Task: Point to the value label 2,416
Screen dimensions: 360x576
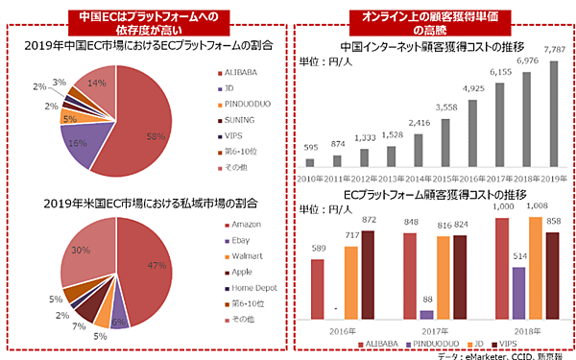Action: [x=420, y=123]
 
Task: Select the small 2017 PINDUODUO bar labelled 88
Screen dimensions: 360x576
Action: [x=426, y=314]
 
